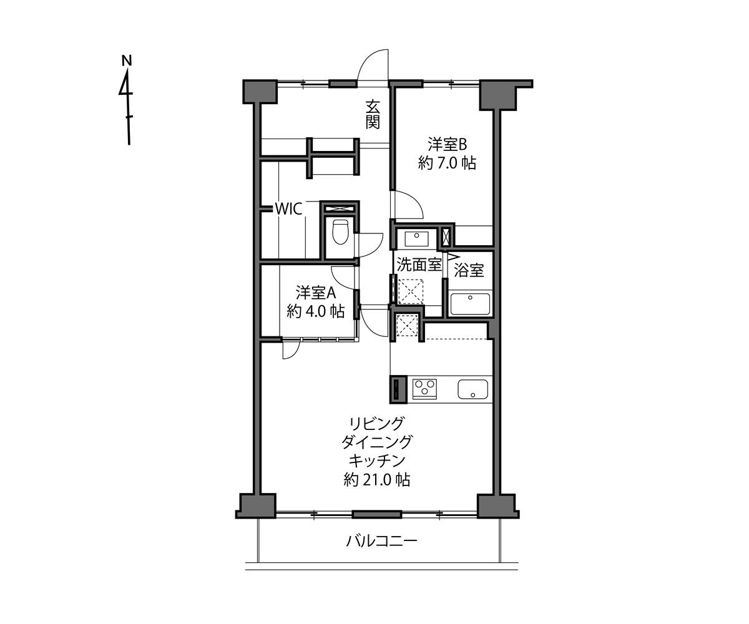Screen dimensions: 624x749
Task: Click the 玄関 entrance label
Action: [373, 114]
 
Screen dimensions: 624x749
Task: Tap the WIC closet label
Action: [289, 209]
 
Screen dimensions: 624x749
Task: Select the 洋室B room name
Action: [447, 144]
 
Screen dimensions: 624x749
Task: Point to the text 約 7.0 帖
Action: [447, 163]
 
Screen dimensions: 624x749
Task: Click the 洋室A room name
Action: [316, 292]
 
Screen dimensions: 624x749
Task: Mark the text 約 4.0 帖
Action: [316, 311]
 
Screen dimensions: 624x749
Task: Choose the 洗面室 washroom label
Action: [419, 265]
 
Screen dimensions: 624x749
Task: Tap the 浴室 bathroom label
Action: [469, 271]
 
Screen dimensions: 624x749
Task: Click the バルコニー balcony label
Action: [381, 540]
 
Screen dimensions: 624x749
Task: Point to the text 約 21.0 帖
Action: [376, 480]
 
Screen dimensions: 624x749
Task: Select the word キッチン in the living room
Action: [376, 461]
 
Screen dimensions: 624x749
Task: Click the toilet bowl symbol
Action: [340, 232]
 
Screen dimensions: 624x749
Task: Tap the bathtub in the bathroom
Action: [471, 305]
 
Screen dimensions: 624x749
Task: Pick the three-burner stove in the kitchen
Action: [424, 388]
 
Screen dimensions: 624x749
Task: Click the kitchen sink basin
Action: [474, 389]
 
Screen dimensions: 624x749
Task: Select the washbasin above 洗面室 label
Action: [416, 238]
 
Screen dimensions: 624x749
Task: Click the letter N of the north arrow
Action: [127, 61]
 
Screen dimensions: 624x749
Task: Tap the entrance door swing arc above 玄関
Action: [373, 66]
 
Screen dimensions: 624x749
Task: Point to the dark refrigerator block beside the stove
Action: [398, 389]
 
